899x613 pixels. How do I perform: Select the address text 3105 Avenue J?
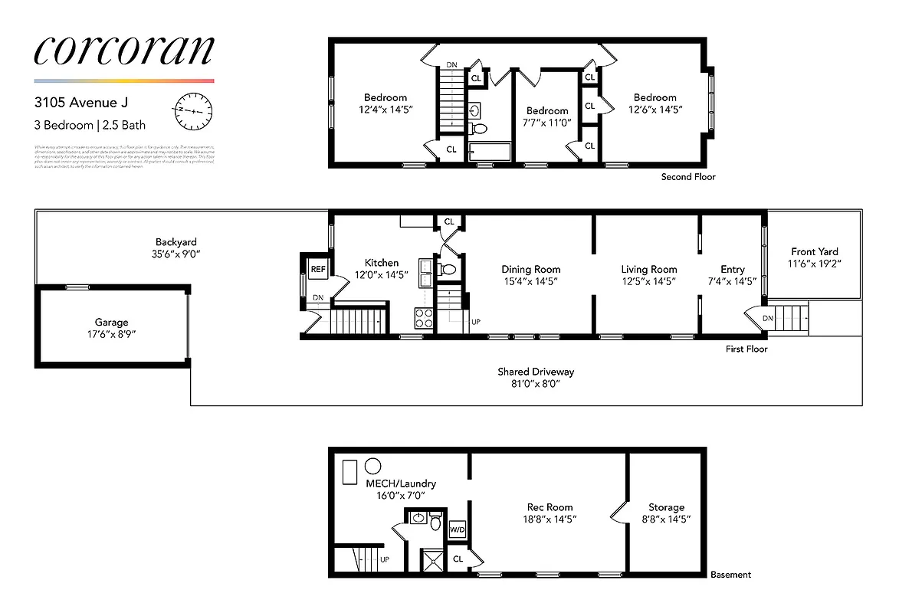point(81,101)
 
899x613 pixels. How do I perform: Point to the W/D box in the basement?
point(458,529)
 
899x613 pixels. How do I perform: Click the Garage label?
point(111,323)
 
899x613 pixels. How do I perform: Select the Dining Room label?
point(530,269)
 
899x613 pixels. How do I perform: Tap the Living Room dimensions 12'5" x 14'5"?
point(648,281)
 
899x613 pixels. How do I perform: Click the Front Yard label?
point(814,251)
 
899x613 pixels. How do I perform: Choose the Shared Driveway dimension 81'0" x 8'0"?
point(535,384)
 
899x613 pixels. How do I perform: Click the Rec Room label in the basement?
point(550,507)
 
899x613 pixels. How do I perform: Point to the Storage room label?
point(666,507)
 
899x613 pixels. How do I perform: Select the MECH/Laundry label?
point(390,484)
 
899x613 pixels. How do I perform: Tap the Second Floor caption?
point(688,177)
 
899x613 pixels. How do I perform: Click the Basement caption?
point(730,575)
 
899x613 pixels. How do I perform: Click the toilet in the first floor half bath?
point(448,269)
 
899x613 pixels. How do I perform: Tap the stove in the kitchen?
point(424,317)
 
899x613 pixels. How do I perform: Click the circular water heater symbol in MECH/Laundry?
point(373,466)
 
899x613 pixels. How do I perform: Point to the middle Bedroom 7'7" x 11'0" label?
point(547,111)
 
